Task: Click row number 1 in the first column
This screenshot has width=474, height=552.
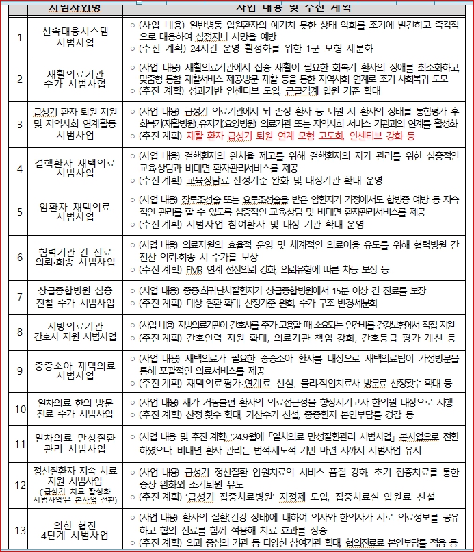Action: coord(18,36)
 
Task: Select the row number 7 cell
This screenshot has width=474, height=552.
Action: coord(18,296)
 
